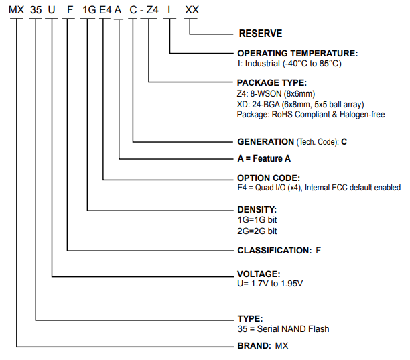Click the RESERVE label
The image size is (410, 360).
pos(261,34)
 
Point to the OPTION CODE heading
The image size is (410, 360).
pos(269,178)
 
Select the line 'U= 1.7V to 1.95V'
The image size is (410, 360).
pos(270,284)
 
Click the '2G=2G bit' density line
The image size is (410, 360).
pos(257,231)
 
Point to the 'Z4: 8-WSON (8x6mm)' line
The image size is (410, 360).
pos(275,93)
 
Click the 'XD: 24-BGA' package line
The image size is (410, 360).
pos(301,104)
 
